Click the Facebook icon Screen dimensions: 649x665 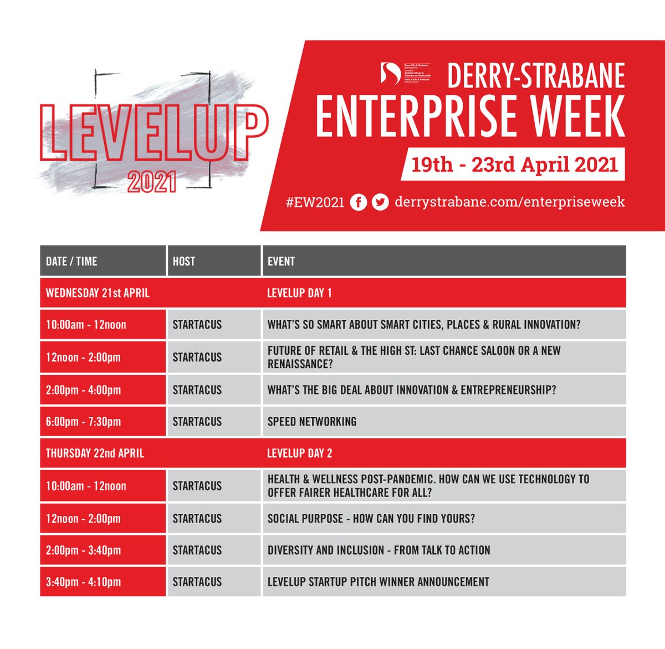tap(359, 202)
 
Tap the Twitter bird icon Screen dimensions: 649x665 tap(380, 202)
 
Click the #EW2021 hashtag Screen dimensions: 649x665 tap(315, 202)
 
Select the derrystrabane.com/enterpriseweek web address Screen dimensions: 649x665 tap(509, 202)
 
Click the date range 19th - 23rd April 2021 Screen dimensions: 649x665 tap(514, 165)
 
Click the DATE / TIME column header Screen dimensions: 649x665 tap(71, 262)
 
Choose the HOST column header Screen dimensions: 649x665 tap(184, 262)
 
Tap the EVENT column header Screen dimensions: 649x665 tap(281, 262)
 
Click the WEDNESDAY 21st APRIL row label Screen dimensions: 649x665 tap(98, 293)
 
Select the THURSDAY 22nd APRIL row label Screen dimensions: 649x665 tap(95, 453)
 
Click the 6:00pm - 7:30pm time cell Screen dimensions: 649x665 tap(83, 422)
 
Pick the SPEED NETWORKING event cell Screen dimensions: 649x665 tap(312, 422)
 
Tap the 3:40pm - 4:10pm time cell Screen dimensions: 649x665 tap(83, 582)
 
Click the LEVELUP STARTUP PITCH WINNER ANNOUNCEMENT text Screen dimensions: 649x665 tap(378, 582)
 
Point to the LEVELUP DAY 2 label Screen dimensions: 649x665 tap(299, 453)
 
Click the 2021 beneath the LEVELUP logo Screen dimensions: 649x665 tap(152, 183)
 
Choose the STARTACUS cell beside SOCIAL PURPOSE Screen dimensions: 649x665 tap(197, 519)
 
